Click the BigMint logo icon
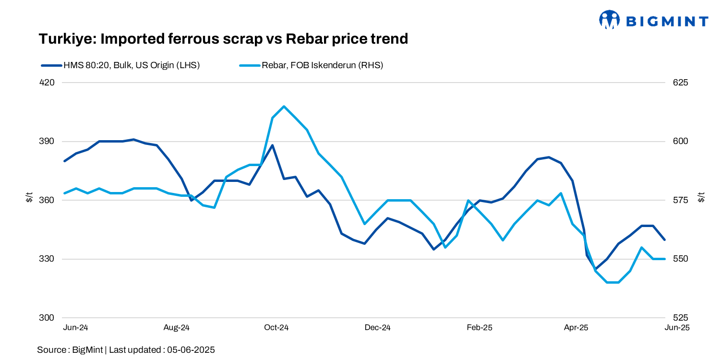pos(610,20)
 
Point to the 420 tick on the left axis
pos(48,83)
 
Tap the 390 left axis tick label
pos(48,142)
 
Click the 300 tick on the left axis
pos(48,318)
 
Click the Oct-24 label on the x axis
pos(276,328)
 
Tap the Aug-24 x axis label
pos(177,328)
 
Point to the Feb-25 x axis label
pos(480,328)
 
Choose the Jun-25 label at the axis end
pos(677,328)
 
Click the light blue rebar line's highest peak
pos(284,106)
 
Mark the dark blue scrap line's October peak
pos(272,145)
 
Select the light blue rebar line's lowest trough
pos(613,282)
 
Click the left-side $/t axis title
pos(29,197)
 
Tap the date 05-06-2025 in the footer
pos(191,349)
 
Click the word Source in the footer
pos(52,349)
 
